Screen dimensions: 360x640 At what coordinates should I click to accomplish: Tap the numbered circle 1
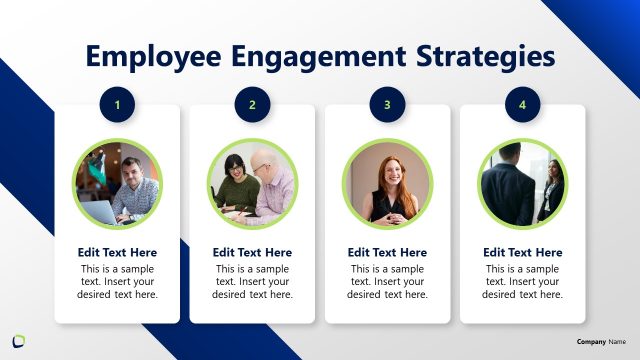(x=117, y=103)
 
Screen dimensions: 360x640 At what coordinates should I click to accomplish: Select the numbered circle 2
(x=252, y=103)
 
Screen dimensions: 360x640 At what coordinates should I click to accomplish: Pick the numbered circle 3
(x=387, y=103)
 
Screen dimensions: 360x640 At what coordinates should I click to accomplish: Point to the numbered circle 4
(x=522, y=103)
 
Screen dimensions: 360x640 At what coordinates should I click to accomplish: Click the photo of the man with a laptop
(x=117, y=184)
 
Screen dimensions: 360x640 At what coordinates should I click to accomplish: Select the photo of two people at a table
(x=252, y=184)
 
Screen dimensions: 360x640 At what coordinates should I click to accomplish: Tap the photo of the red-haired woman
(x=387, y=184)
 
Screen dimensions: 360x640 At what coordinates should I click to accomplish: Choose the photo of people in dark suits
(x=522, y=184)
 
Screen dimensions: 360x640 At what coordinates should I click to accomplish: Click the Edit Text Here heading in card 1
(x=117, y=253)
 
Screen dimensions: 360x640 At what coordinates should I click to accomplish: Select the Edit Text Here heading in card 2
(x=252, y=253)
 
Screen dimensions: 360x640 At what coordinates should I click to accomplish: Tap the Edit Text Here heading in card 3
(x=387, y=253)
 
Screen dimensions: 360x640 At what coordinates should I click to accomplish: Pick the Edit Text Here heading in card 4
(x=522, y=253)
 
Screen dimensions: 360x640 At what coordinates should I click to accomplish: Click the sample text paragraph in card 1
(x=117, y=282)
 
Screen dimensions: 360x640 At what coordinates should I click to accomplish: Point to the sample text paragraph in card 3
(x=387, y=282)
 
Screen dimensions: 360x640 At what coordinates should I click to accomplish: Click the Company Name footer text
(x=601, y=342)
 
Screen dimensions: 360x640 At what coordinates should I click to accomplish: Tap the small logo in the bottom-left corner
(x=18, y=340)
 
